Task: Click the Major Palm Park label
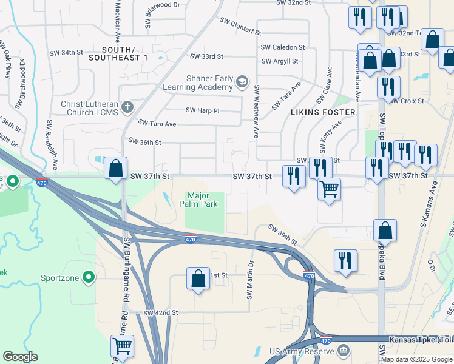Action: (x=203, y=200)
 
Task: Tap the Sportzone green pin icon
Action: (x=89, y=278)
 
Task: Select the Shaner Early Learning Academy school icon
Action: (x=242, y=81)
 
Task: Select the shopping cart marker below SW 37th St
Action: (x=329, y=189)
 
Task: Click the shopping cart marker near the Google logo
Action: (x=122, y=346)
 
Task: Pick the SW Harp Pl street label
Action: (x=203, y=110)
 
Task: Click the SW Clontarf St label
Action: (x=240, y=26)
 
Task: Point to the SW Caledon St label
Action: (x=282, y=47)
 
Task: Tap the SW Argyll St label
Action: (x=280, y=61)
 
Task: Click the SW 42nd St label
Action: (x=161, y=313)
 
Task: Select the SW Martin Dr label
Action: (x=249, y=280)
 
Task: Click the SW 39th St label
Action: (x=283, y=235)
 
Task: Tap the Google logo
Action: (x=20, y=357)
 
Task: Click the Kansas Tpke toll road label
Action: (x=420, y=339)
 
